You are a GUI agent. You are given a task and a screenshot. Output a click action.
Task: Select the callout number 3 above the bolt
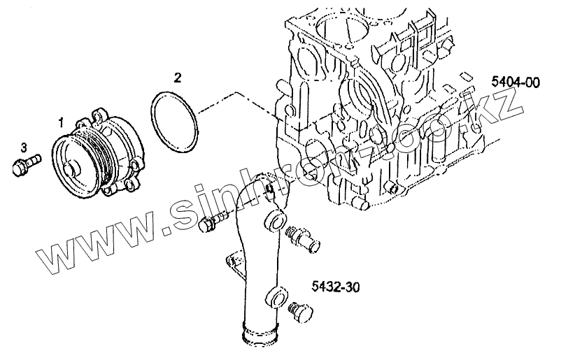pos(24,147)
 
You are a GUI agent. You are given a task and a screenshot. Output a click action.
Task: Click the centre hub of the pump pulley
pos(72,168)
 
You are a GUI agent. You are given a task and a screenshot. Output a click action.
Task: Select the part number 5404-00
pos(515,82)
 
